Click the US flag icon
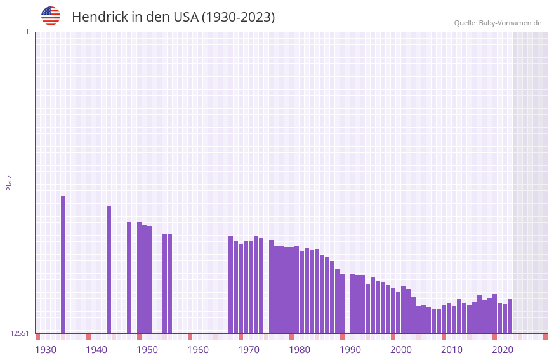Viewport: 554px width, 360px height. [x=51, y=16]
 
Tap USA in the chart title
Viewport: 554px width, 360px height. [x=186, y=17]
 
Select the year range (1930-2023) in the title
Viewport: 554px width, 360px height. [x=239, y=17]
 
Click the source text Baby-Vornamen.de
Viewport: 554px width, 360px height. [x=510, y=23]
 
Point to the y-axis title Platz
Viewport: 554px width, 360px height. [x=9, y=182]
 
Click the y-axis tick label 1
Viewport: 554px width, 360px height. [x=27, y=32]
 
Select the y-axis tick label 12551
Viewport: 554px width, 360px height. [x=20, y=333]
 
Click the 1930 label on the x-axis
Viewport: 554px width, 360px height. [x=46, y=350]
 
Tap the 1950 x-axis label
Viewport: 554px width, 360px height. [x=147, y=350]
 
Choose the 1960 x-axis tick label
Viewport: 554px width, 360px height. [x=198, y=350]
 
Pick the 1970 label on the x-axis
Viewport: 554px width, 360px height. [x=249, y=350]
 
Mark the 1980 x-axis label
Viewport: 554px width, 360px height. [x=300, y=350]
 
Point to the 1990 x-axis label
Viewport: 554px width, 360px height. [x=350, y=350]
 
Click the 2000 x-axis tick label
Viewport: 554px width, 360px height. [x=401, y=350]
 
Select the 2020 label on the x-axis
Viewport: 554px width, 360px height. [x=503, y=350]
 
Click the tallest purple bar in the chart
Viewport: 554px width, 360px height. [x=63, y=264]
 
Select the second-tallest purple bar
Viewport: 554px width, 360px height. [x=109, y=270]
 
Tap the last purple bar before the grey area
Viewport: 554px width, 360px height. [x=510, y=316]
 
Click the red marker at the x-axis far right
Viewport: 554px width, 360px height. [x=545, y=337]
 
